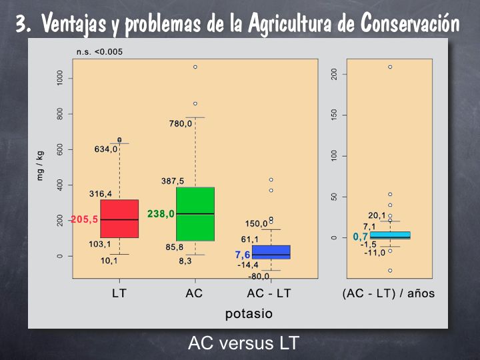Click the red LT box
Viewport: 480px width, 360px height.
tap(119, 219)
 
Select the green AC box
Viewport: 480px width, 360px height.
tap(195, 214)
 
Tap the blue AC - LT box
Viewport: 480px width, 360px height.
tap(271, 252)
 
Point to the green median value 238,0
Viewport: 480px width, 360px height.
tap(161, 214)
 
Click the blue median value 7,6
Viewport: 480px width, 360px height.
tap(243, 255)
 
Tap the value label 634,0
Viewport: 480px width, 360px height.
tap(105, 149)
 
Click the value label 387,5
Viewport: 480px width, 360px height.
tap(173, 181)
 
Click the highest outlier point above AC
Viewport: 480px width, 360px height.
tap(195, 67)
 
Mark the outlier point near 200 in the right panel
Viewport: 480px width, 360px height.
tap(390, 67)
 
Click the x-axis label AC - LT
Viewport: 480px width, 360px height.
tap(269, 293)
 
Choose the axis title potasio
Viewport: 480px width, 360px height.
tap(249, 313)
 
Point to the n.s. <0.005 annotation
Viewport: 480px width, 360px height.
tap(99, 51)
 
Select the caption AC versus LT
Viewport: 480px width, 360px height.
tap(243, 343)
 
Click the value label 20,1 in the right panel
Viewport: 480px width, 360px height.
tap(377, 215)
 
